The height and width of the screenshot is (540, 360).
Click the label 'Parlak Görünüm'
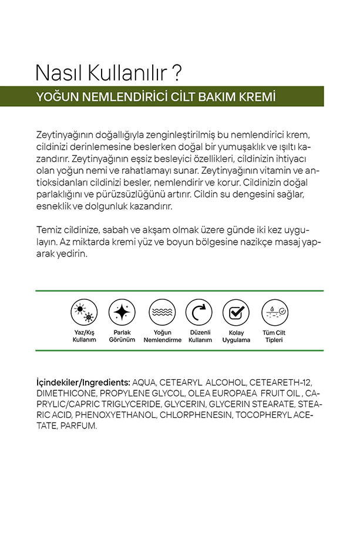[x=122, y=336]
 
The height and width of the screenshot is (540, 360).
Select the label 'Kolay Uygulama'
[x=236, y=336]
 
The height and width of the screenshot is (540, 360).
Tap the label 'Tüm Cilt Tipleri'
[x=274, y=336]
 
